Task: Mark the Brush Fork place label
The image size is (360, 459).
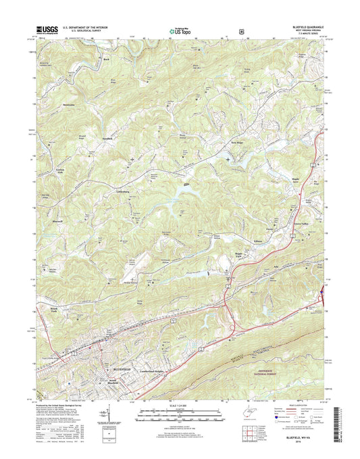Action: click(x=55, y=310)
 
